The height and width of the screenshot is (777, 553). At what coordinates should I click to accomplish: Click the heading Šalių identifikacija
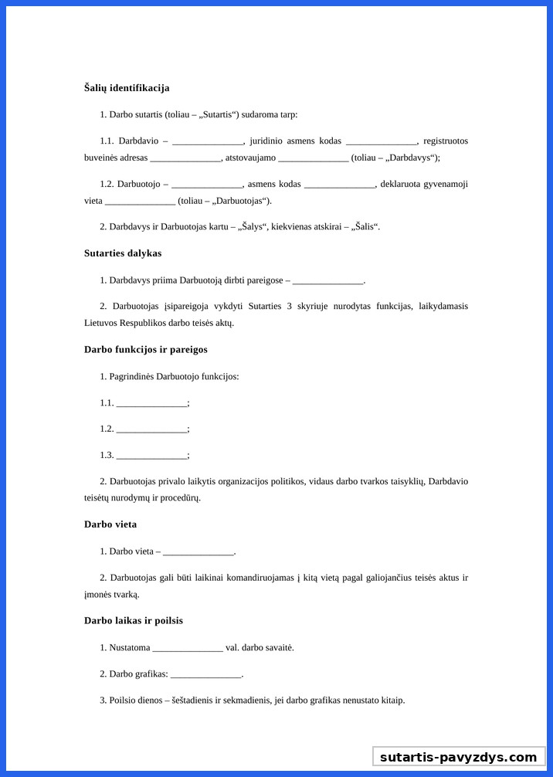point(127,88)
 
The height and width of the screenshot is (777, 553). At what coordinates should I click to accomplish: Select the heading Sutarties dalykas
point(123,253)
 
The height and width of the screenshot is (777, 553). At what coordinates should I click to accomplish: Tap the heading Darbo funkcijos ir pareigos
point(145,350)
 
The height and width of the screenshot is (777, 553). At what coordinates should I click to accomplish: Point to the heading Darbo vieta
point(110,524)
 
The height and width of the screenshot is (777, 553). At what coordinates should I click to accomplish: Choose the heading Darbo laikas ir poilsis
point(134,621)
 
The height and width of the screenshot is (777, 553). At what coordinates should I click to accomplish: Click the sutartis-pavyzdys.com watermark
point(458,757)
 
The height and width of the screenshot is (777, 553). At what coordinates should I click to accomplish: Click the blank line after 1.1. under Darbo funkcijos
point(151,403)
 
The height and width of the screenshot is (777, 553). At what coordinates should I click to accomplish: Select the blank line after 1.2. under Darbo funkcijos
point(151,429)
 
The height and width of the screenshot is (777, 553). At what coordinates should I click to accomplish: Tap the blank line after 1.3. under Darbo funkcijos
point(151,456)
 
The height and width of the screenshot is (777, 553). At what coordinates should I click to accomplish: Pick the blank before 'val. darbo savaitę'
point(188,648)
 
